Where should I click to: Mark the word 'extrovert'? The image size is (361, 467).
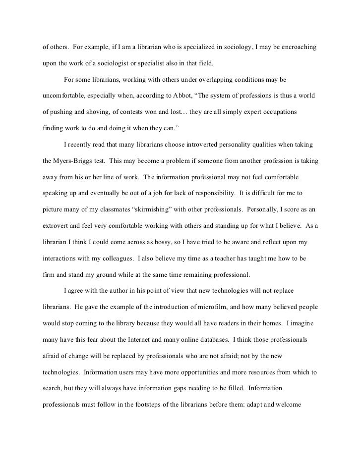point(56,226)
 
